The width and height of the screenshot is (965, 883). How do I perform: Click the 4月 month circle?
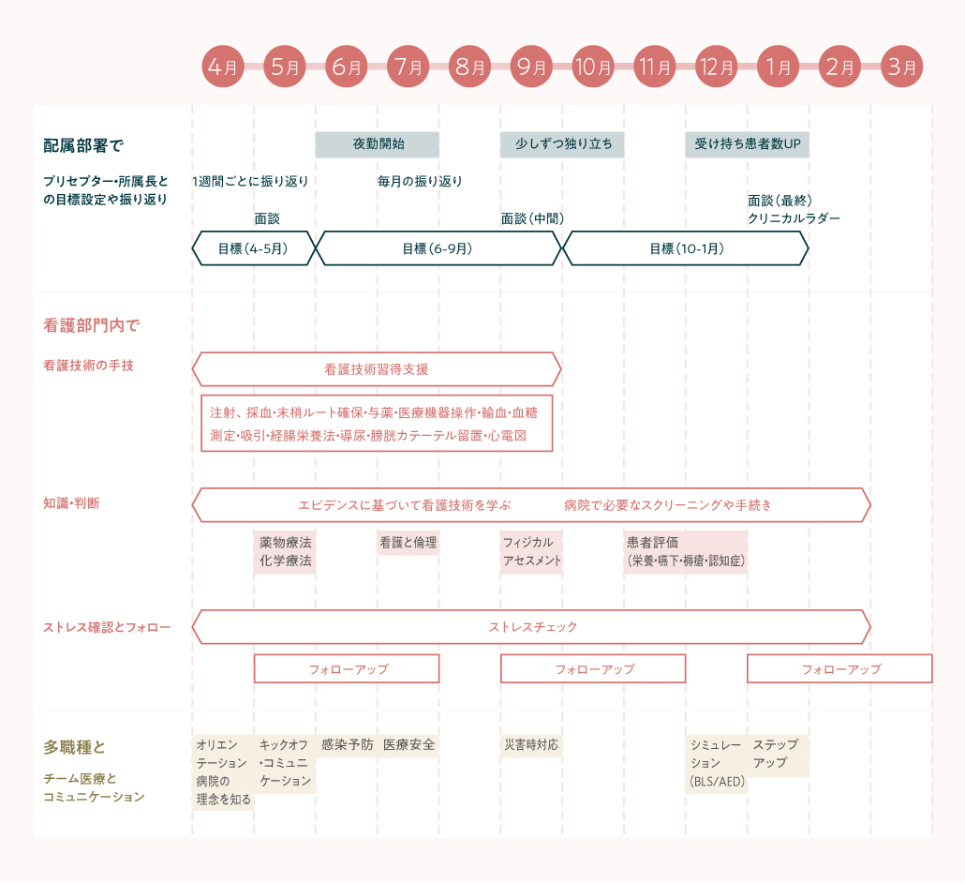[223, 67]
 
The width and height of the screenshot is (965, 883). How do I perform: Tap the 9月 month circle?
[531, 67]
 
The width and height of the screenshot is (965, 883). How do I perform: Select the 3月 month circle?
[901, 67]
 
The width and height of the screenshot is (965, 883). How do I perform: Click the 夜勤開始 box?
[378, 144]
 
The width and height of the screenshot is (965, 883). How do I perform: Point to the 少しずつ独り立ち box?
[563, 144]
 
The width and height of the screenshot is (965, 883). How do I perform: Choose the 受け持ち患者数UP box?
[747, 144]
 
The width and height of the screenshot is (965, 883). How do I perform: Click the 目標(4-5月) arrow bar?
[253, 248]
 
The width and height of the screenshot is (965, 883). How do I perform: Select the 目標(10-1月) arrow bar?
[686, 248]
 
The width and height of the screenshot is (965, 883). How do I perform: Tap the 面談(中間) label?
[532, 218]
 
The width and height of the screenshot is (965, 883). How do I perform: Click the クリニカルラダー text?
[794, 218]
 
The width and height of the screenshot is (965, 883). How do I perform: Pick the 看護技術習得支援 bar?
[377, 369]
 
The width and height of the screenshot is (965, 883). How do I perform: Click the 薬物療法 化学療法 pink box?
[286, 552]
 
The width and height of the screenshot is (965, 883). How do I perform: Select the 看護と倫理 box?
[408, 543]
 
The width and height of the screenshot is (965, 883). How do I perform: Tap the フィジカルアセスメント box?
[532, 552]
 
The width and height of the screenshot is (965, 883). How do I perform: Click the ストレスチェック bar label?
[533, 627]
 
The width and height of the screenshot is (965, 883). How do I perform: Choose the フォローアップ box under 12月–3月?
[839, 669]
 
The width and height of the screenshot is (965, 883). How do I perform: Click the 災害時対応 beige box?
[531, 745]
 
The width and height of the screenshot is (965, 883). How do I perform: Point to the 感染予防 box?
[347, 745]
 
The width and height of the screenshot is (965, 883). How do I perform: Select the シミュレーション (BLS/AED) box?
[717, 763]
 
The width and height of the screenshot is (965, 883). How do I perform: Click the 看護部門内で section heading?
[91, 326]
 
